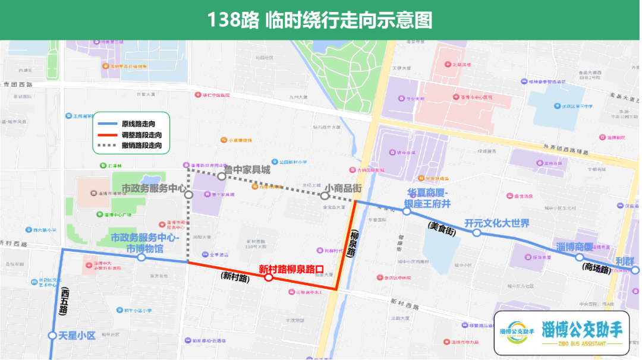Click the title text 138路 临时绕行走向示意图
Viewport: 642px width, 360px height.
pos(320,20)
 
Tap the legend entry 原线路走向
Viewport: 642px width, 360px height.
pos(138,124)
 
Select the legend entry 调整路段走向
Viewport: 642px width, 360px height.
pos(141,135)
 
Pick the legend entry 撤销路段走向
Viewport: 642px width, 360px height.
pos(141,145)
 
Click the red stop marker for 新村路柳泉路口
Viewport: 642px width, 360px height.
pos(269,277)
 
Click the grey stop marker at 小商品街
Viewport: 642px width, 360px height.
pos(325,195)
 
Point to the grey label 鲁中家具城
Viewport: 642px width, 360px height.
pos(247,170)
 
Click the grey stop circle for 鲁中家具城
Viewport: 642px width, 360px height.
pos(221,176)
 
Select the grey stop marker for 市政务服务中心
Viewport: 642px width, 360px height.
pos(188,194)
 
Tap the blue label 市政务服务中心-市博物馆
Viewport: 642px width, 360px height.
pos(145,242)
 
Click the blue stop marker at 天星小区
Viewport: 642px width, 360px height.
pos(52,336)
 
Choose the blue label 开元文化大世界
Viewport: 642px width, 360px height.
pos(497,223)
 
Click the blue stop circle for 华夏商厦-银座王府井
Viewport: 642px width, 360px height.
pos(407,211)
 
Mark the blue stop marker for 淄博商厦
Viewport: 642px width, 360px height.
pos(579,257)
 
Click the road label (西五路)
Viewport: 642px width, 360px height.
pos(64,300)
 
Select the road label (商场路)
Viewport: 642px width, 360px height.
pos(596,269)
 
